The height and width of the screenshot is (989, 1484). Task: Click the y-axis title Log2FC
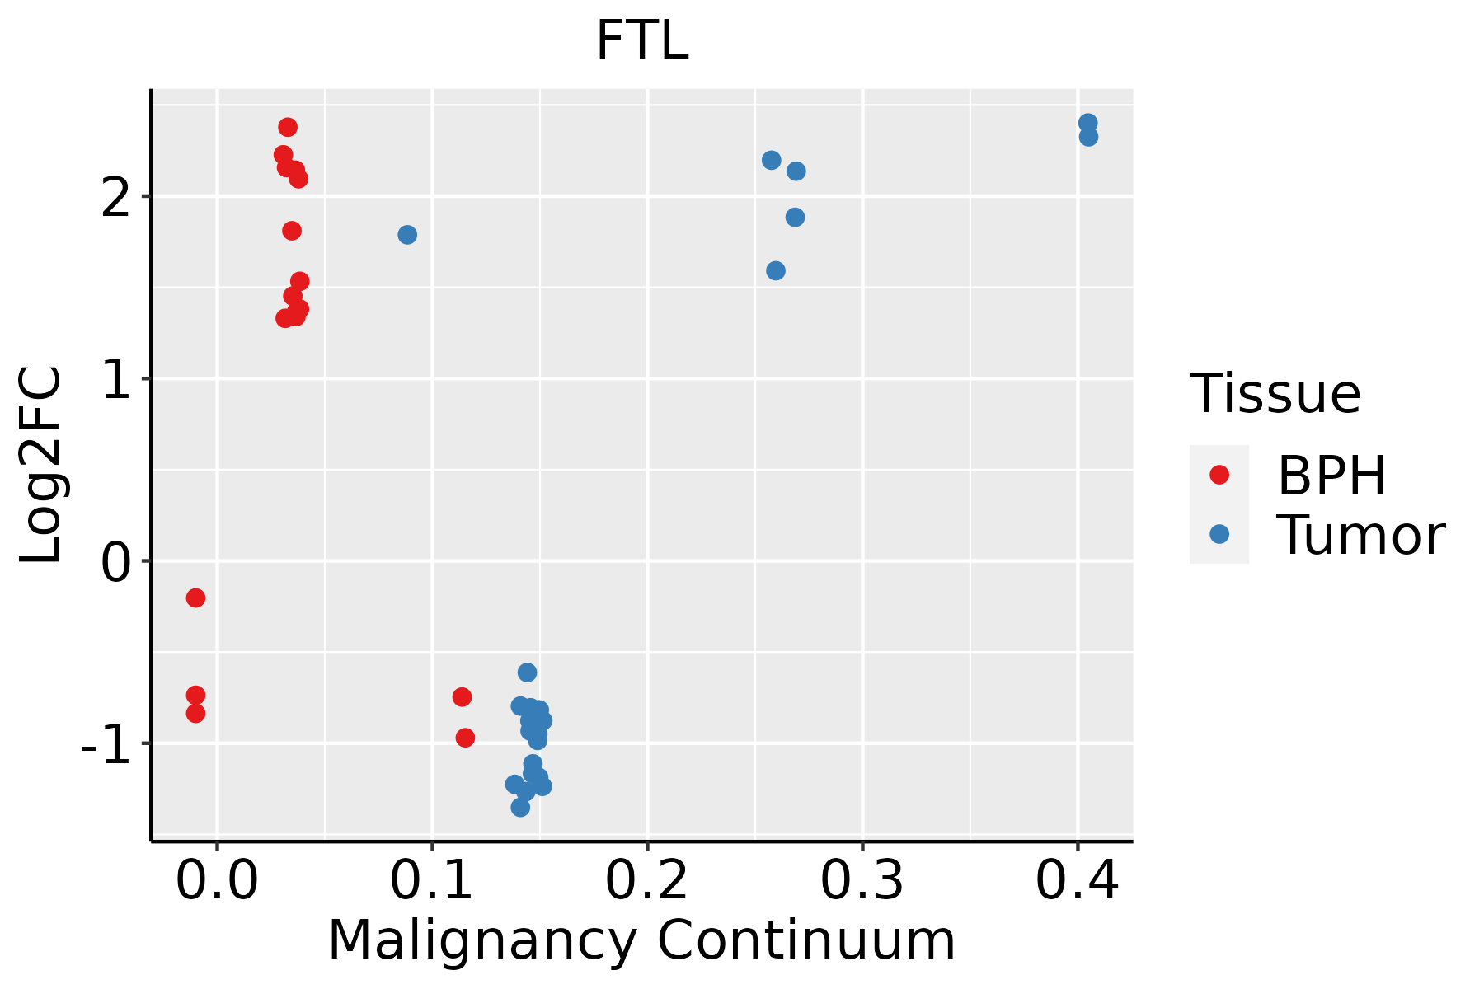[x=41, y=466]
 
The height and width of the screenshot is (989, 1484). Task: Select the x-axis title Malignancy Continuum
[x=641, y=940]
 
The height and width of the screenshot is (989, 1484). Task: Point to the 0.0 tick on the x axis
[x=217, y=881]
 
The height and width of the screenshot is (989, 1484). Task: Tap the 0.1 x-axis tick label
[x=432, y=881]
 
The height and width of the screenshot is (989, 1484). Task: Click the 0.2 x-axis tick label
[x=647, y=881]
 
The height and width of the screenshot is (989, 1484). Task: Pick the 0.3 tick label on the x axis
[x=862, y=881]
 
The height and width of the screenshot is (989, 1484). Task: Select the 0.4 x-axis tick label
[x=1077, y=881]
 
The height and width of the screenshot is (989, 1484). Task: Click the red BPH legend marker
[x=1219, y=475]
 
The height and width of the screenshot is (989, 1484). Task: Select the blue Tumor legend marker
[x=1219, y=534]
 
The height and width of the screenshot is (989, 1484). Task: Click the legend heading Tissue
[x=1275, y=394]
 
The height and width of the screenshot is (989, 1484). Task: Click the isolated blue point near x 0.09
[x=407, y=235]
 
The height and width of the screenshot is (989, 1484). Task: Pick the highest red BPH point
[x=288, y=127]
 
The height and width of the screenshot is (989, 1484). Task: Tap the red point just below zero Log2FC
[x=195, y=598]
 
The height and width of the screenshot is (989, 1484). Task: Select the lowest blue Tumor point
[x=520, y=807]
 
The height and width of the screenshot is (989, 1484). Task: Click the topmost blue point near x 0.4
[x=1088, y=123]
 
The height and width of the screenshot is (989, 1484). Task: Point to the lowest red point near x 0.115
[x=465, y=738]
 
